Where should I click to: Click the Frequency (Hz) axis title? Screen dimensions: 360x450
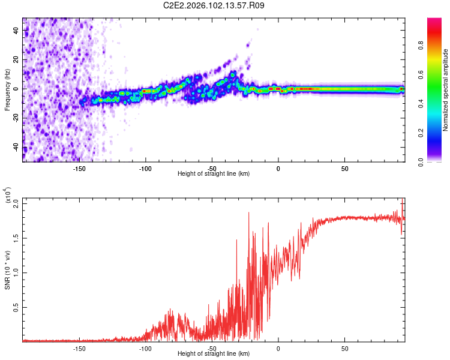7,90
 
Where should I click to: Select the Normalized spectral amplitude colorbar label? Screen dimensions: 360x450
445,90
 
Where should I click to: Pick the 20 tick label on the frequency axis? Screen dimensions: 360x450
16,59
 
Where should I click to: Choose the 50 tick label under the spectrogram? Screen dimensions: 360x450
344,169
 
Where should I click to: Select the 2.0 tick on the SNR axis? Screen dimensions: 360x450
16,203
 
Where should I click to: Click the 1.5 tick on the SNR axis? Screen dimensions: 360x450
16,238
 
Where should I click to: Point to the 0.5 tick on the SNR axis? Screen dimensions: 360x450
16,307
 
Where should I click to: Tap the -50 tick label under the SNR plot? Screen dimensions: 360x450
212,349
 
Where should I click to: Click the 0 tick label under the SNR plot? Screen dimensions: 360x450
278,349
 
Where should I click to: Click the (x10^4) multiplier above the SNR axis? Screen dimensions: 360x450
8,195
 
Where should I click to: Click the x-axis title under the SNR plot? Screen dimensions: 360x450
214,354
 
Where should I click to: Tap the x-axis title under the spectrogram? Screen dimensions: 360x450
214,174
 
